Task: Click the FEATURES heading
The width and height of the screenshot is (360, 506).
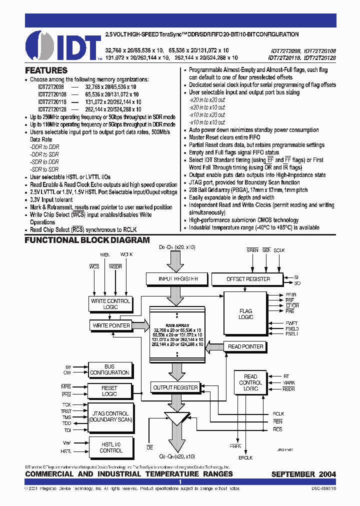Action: click(x=46, y=70)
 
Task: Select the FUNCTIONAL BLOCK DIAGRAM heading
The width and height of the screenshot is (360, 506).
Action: click(x=87, y=240)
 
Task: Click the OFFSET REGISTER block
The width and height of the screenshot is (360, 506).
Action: click(x=248, y=278)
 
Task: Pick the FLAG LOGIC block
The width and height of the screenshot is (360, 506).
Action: click(x=245, y=313)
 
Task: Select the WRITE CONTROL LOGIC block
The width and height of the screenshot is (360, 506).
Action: click(x=110, y=303)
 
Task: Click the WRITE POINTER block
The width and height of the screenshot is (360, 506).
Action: click(x=111, y=325)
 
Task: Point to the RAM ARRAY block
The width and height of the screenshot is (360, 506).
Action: click(x=177, y=335)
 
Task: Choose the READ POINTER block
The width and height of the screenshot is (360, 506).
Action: click(x=245, y=346)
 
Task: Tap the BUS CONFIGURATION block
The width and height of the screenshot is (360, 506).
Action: click(x=109, y=369)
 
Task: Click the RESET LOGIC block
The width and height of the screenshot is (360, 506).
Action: click(x=109, y=390)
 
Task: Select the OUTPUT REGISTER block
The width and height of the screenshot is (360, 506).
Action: click(x=175, y=387)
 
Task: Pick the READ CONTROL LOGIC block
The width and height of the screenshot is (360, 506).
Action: click(x=250, y=382)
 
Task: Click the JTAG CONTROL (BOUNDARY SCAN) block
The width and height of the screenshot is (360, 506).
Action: click(x=110, y=416)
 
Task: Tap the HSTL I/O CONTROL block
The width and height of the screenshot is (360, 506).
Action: click(x=110, y=447)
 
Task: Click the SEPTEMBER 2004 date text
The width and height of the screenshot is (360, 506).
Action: click(x=303, y=474)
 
